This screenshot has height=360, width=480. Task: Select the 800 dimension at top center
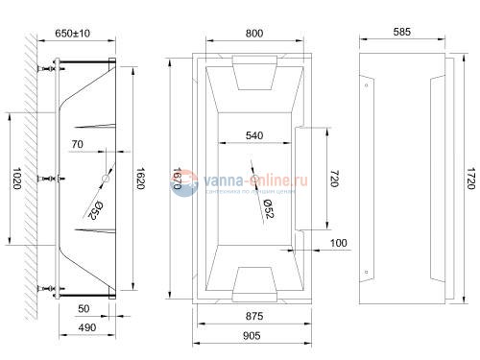(x=254, y=33)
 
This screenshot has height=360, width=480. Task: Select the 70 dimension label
(x=79, y=144)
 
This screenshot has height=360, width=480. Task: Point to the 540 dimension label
(x=254, y=135)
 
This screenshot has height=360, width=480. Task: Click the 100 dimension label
(x=338, y=244)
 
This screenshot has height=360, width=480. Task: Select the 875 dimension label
(x=254, y=316)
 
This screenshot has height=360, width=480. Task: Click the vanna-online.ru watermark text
(x=245, y=178)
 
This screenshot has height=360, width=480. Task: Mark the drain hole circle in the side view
(x=107, y=180)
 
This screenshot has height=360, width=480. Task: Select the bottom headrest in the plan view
(x=254, y=279)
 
